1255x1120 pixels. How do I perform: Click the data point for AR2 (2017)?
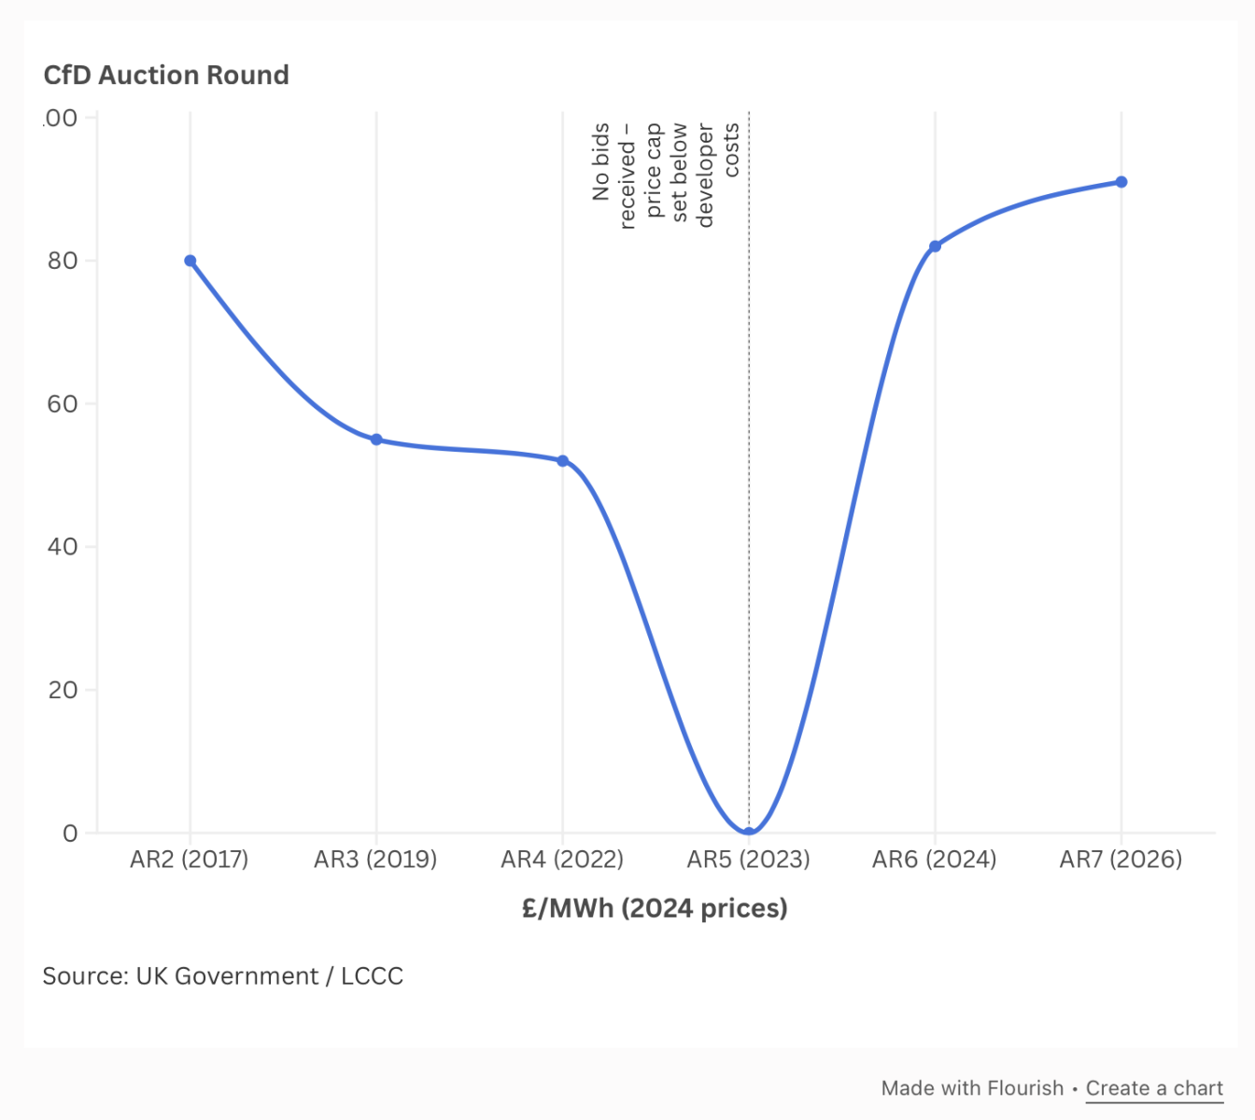click(x=190, y=261)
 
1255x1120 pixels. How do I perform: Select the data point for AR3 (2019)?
click(x=376, y=440)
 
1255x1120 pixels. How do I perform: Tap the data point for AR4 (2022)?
click(x=562, y=461)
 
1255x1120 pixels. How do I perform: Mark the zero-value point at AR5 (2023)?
click(x=749, y=832)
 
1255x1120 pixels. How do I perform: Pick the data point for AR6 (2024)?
click(x=935, y=246)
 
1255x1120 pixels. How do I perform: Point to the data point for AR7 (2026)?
click(x=1121, y=182)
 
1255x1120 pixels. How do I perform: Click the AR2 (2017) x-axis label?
click(x=190, y=860)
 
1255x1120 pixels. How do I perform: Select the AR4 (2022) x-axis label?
click(x=562, y=860)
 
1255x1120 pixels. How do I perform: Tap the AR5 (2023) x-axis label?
click(x=749, y=860)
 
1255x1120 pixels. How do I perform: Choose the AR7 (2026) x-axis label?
click(x=1121, y=860)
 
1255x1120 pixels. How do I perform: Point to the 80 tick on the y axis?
click(x=63, y=261)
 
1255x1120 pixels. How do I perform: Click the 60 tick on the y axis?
click(x=63, y=404)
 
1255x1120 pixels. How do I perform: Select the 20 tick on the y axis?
click(x=63, y=691)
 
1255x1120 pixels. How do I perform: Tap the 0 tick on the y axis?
click(x=70, y=833)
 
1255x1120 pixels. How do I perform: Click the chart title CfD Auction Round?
click(x=166, y=76)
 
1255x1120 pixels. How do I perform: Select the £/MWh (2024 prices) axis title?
click(x=655, y=908)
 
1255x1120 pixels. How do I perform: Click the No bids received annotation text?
click(x=665, y=175)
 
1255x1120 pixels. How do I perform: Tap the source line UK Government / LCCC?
click(x=223, y=976)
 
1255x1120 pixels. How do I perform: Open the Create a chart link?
click(x=1154, y=1088)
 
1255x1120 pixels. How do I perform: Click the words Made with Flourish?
click(x=972, y=1088)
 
